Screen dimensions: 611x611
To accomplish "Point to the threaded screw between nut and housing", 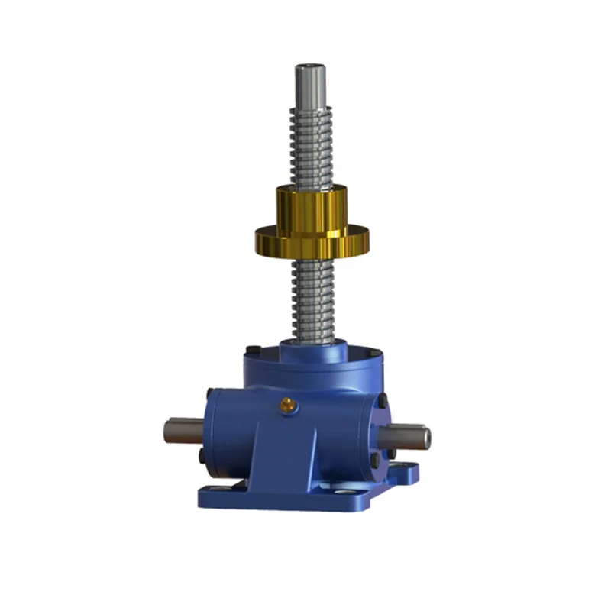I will pos(312,298).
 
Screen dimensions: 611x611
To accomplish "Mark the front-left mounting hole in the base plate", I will pos(217,489).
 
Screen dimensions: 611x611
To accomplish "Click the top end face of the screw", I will pos(310,68).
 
